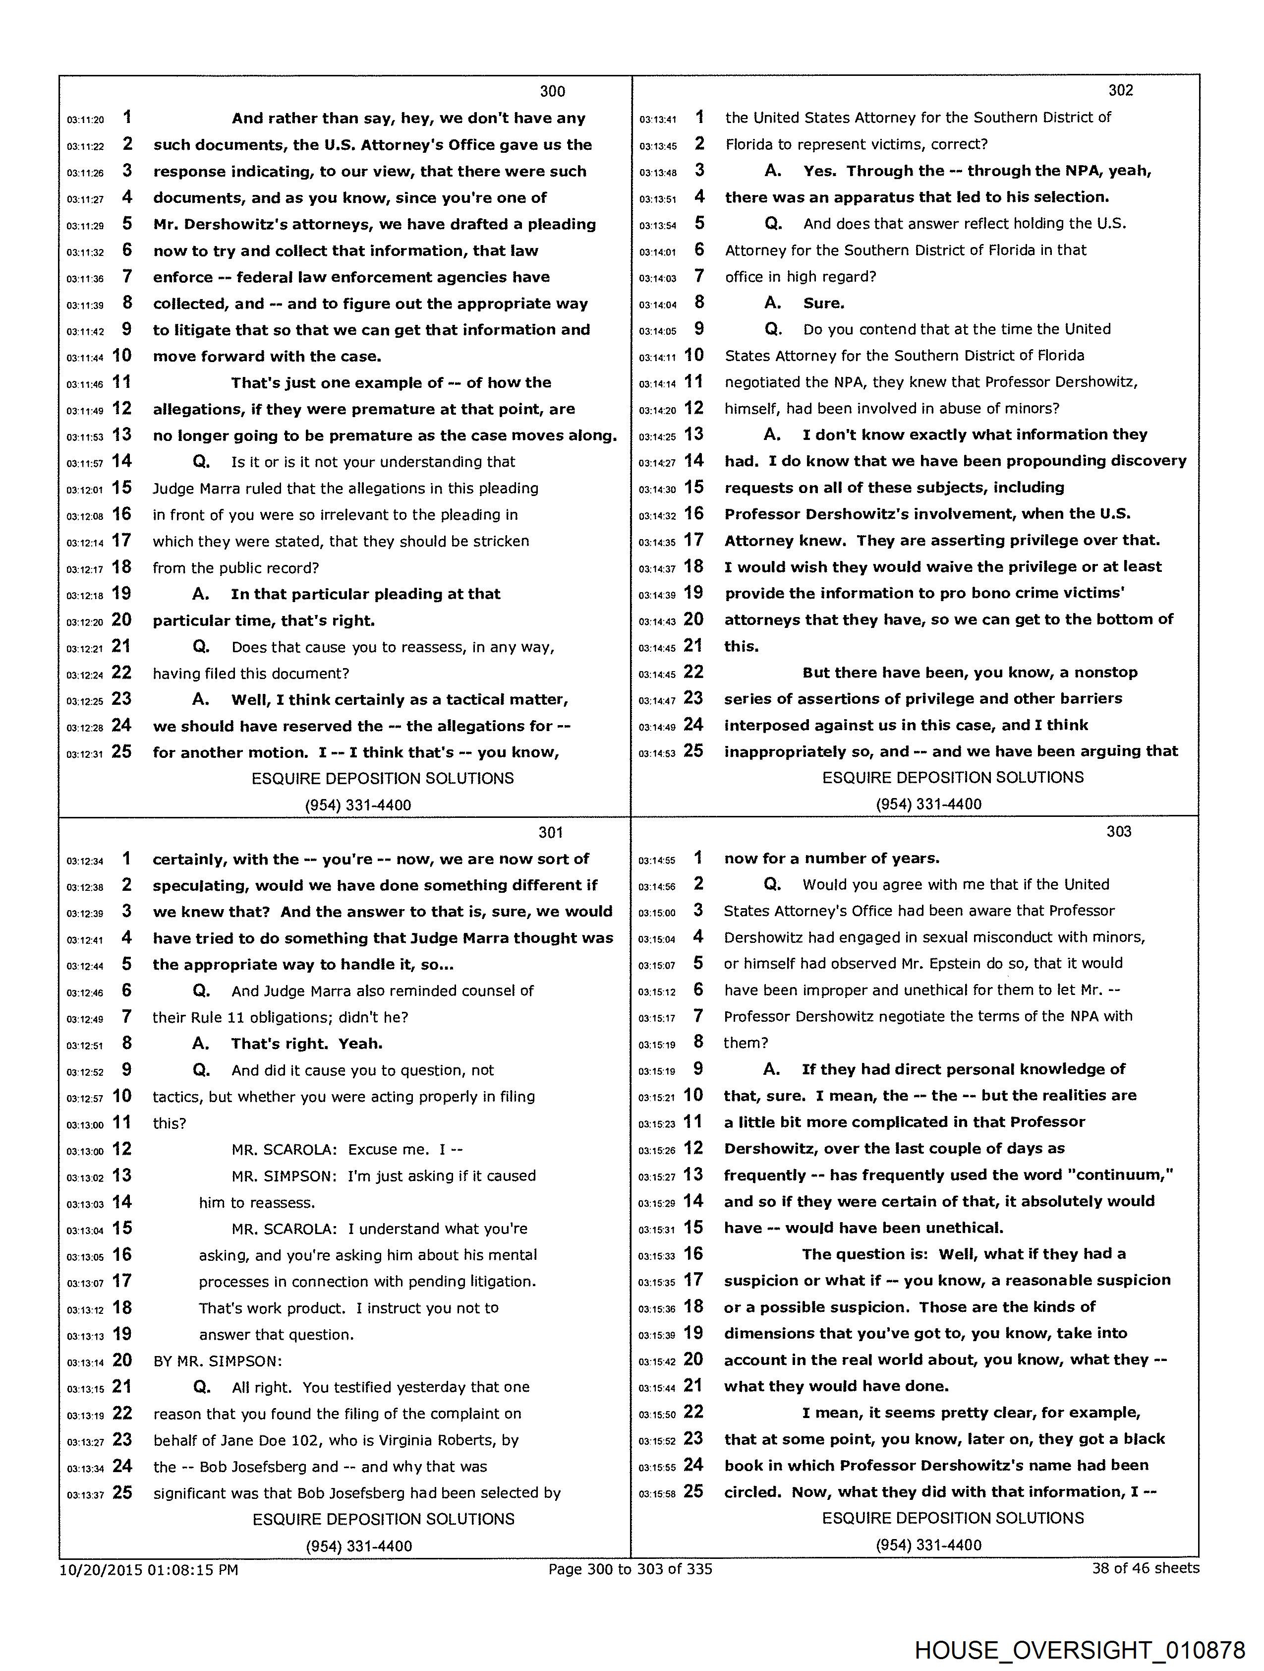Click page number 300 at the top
552,91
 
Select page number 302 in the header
1121,91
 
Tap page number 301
550,832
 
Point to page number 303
1119,832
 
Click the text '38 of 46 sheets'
1145,1568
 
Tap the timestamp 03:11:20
85,120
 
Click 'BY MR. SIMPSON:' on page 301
218,1362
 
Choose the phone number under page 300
358,805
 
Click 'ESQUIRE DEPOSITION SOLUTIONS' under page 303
952,1518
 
